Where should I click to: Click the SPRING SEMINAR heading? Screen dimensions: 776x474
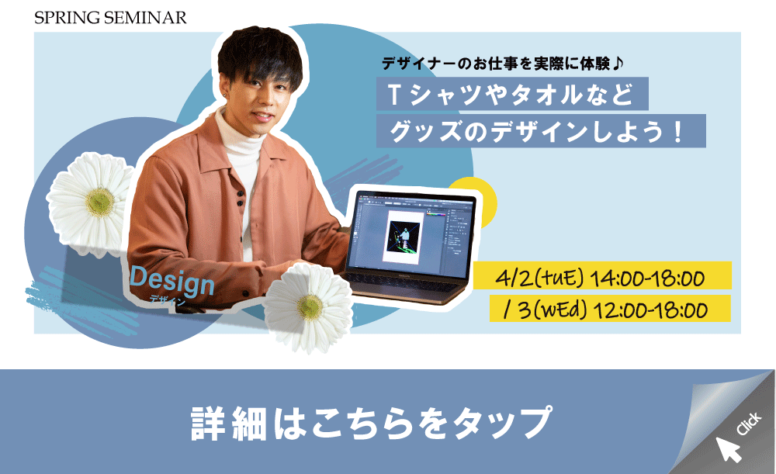click(110, 18)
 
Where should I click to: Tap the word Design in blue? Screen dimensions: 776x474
click(171, 282)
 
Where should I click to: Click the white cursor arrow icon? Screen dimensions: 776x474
click(728, 448)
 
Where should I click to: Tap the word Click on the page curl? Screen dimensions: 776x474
click(749, 424)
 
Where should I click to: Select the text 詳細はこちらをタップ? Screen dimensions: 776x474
click(371, 423)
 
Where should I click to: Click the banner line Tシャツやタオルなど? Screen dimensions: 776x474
click(511, 94)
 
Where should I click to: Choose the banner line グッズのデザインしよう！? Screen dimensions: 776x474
click(540, 131)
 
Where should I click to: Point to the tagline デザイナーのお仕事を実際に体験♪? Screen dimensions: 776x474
click(503, 64)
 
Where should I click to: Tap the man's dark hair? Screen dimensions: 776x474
click(260, 54)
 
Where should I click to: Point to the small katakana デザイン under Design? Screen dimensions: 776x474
click(168, 300)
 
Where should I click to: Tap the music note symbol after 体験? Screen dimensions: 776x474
click(618, 64)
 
